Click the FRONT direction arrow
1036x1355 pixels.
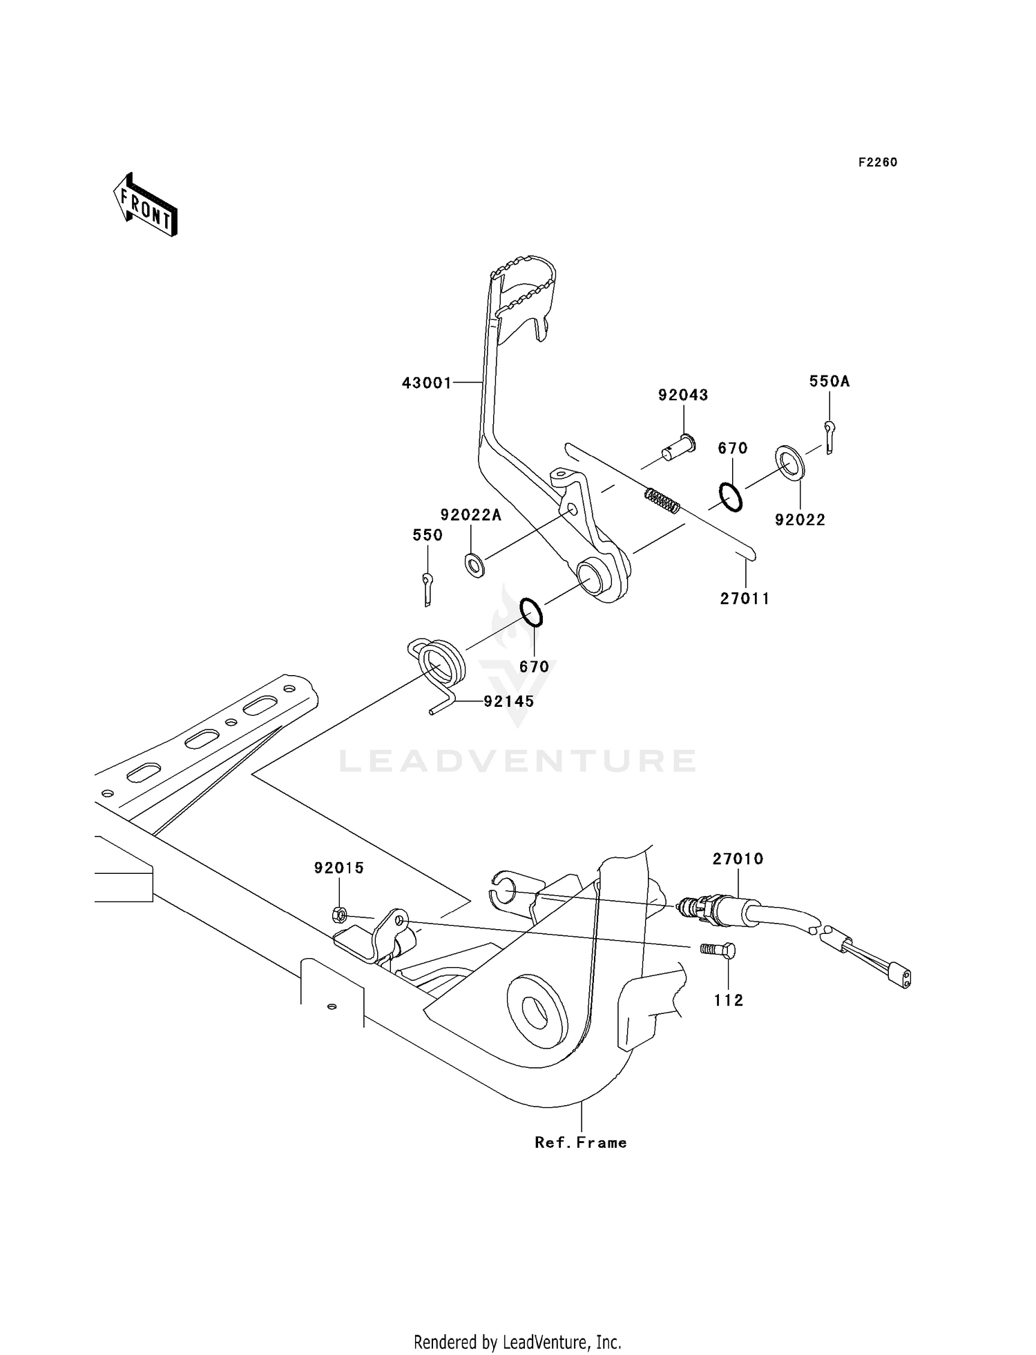pyautogui.click(x=146, y=206)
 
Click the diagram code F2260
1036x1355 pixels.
pyautogui.click(x=878, y=162)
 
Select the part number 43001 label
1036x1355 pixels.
pyautogui.click(x=427, y=382)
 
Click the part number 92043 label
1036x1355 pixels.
pyautogui.click(x=683, y=395)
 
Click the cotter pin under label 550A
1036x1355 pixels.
pyautogui.click(x=829, y=438)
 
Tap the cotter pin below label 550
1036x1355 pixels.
pyautogui.click(x=428, y=589)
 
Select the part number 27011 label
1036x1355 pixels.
pyautogui.click(x=745, y=598)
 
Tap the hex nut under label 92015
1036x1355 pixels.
pyautogui.click(x=339, y=915)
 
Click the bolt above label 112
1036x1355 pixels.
pyautogui.click(x=719, y=951)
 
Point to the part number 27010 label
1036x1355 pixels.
pyautogui.click(x=738, y=859)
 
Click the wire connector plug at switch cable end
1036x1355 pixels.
pyautogui.click(x=901, y=977)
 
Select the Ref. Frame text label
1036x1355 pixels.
pyautogui.click(x=581, y=1142)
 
